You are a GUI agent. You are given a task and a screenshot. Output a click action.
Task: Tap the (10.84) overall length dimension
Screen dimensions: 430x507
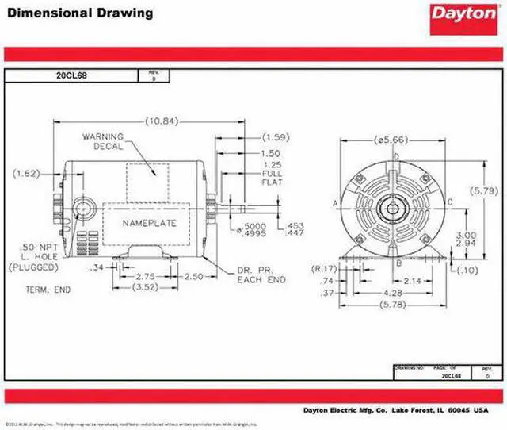(x=162, y=121)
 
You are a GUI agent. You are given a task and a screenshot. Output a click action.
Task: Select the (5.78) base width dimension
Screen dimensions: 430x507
(x=392, y=306)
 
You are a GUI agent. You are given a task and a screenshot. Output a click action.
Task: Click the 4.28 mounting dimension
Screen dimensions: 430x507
(x=392, y=293)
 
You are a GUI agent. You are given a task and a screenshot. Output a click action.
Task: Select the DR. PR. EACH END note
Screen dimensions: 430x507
(x=258, y=276)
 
